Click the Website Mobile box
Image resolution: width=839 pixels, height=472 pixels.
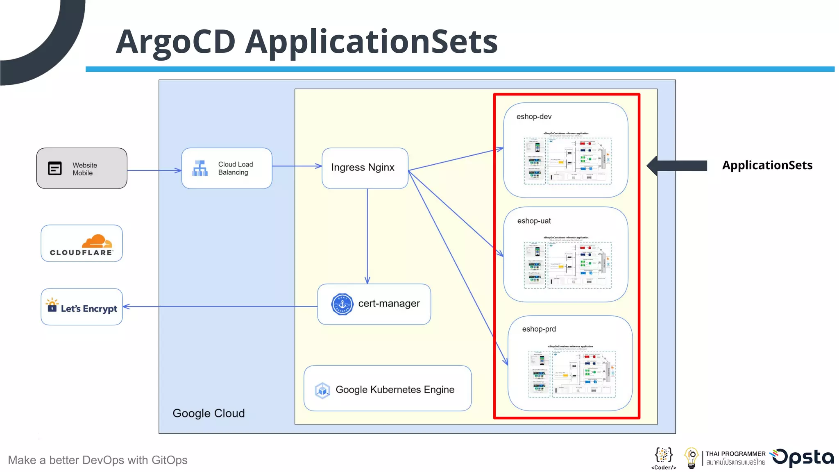82,168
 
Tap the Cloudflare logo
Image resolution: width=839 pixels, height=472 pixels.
82,245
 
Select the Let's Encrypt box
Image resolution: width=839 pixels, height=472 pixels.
82,307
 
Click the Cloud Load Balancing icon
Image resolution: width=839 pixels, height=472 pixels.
200,168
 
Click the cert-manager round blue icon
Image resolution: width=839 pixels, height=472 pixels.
342,304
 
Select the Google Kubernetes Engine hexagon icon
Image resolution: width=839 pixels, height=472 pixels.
322,390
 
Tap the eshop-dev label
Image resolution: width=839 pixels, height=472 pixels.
534,117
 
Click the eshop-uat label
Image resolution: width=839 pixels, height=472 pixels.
534,221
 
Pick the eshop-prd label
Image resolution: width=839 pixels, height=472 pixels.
539,329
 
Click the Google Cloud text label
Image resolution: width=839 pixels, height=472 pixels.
209,413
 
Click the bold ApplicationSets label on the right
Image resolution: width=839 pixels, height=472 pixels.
767,165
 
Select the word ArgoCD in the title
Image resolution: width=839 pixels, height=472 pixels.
175,42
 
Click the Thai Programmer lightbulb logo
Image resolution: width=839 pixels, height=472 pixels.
692,458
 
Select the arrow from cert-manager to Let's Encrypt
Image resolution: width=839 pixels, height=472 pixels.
221,306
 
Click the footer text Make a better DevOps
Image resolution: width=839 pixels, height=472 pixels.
98,460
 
